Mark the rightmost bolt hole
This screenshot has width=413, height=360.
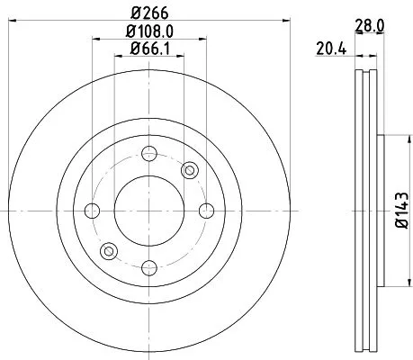point(205,211)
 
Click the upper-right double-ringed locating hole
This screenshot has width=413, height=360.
point(189,171)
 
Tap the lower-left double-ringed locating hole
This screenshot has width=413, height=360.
point(109,250)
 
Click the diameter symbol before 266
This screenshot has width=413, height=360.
point(134,13)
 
